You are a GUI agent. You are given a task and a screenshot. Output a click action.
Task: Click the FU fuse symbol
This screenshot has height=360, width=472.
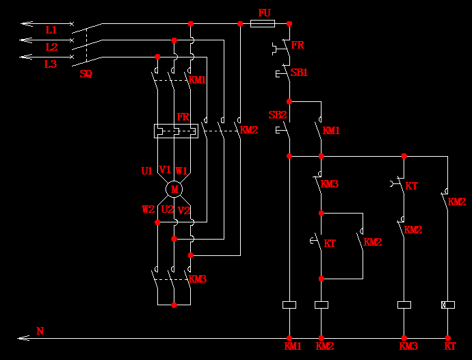(x=263, y=23)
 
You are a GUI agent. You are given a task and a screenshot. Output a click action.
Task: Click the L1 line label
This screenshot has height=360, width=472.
(x=51, y=31)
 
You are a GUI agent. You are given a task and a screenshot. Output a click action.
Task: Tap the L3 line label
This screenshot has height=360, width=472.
(x=51, y=64)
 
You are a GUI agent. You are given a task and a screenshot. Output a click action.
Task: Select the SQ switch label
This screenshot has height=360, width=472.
(x=86, y=74)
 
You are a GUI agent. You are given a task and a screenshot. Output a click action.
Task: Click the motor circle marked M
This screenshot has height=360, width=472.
(x=174, y=188)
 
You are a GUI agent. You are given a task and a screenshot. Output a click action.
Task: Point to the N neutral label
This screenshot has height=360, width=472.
(x=40, y=331)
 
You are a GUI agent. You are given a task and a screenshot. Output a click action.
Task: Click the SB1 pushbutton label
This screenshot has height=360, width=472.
(x=299, y=72)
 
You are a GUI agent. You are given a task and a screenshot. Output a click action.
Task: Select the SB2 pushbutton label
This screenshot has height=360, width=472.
(x=277, y=115)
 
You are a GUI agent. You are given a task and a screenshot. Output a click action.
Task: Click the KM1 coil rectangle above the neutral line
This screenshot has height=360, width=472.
(x=289, y=305)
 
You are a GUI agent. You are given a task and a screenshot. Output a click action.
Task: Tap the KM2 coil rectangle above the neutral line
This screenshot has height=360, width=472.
(x=321, y=305)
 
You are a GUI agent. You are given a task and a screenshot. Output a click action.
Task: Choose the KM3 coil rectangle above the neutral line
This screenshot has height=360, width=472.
(x=404, y=305)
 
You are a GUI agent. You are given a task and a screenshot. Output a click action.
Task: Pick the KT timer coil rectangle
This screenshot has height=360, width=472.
(x=447, y=305)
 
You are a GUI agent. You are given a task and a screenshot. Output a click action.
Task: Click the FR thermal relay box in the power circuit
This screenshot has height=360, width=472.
(x=176, y=130)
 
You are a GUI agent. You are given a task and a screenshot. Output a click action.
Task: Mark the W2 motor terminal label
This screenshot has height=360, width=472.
(x=148, y=209)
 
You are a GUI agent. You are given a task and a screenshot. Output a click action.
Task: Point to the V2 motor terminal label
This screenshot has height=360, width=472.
(x=183, y=210)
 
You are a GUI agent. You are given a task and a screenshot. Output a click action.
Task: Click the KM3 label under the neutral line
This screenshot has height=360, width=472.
(x=408, y=346)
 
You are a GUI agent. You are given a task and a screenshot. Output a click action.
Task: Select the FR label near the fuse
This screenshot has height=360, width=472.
(x=298, y=45)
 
